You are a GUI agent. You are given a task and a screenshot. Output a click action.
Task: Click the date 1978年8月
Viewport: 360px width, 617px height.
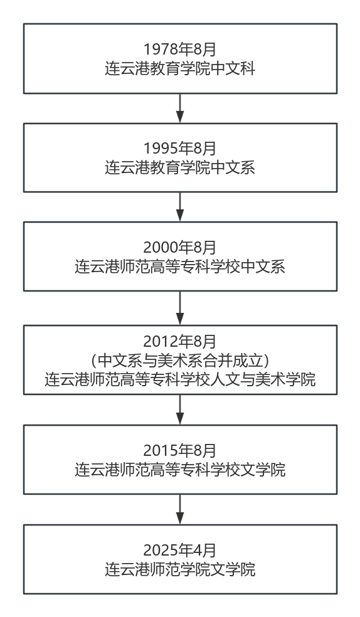180,49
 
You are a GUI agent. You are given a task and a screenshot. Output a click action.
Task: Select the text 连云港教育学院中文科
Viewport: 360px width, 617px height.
180,68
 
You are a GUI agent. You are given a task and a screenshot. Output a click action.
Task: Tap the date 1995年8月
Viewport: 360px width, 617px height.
180,149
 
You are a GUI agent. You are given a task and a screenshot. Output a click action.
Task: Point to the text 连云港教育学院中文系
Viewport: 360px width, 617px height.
180,167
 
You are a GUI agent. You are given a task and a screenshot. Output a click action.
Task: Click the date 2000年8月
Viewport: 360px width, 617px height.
180,247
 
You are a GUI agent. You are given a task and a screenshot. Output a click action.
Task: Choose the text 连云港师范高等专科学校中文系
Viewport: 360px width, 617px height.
180,266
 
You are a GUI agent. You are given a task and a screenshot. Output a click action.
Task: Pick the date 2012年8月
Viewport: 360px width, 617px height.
180,341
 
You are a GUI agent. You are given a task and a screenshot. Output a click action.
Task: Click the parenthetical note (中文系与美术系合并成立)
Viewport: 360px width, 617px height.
180,360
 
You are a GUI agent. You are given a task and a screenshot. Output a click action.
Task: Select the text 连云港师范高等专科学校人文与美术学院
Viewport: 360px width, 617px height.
180,379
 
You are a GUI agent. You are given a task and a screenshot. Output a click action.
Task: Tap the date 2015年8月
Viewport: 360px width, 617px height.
180,450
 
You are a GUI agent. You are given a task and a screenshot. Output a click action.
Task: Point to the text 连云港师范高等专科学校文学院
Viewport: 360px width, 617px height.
180,470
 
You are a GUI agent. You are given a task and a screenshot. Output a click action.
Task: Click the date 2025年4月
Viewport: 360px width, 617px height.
180,550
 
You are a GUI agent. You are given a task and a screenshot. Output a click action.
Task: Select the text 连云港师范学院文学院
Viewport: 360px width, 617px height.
180,569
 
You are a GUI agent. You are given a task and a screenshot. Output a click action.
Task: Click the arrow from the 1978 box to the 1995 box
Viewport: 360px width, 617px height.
180,108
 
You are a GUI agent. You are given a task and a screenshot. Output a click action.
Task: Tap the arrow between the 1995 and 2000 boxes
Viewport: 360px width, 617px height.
180,207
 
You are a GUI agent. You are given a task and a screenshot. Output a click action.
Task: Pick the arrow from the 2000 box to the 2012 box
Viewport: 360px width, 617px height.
180,308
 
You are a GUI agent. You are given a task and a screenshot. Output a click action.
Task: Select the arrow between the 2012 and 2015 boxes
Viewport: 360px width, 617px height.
180,409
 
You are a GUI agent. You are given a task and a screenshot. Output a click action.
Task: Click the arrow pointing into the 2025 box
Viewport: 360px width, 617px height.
180,509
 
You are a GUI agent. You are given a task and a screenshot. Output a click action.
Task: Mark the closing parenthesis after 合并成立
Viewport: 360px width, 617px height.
267,361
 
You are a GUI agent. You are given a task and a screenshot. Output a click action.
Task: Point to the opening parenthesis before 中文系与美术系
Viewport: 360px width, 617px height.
93,361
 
